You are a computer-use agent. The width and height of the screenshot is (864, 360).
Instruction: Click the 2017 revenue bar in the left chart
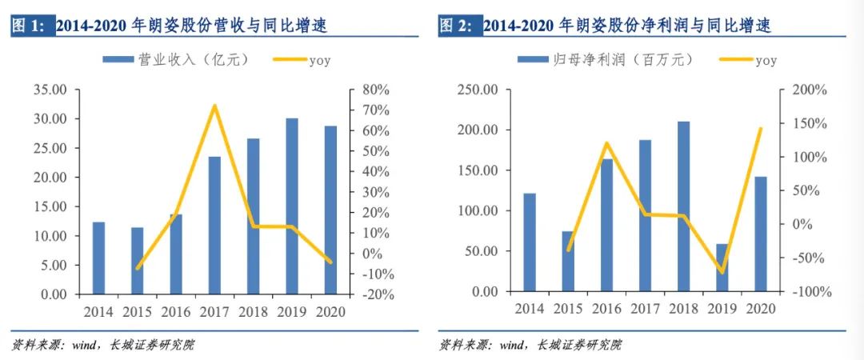tap(214, 225)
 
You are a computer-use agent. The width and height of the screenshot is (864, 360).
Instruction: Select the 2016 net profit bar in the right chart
tap(606, 225)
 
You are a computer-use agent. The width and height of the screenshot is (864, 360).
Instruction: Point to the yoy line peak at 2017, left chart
tap(214, 106)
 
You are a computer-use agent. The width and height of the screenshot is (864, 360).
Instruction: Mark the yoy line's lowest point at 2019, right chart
tap(722, 273)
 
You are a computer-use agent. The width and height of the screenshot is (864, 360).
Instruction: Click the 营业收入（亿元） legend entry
tap(176, 59)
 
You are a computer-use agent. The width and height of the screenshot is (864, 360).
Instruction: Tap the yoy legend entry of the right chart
tap(748, 59)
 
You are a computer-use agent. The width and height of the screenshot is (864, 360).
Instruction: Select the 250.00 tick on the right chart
tap(477, 90)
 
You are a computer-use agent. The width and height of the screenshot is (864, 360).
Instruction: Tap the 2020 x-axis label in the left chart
tap(330, 310)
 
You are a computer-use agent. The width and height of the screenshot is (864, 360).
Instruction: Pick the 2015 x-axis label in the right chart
tap(568, 308)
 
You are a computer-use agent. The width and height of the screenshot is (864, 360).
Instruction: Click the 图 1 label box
tap(30, 26)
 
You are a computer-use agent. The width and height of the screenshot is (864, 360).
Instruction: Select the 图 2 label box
tap(458, 26)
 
